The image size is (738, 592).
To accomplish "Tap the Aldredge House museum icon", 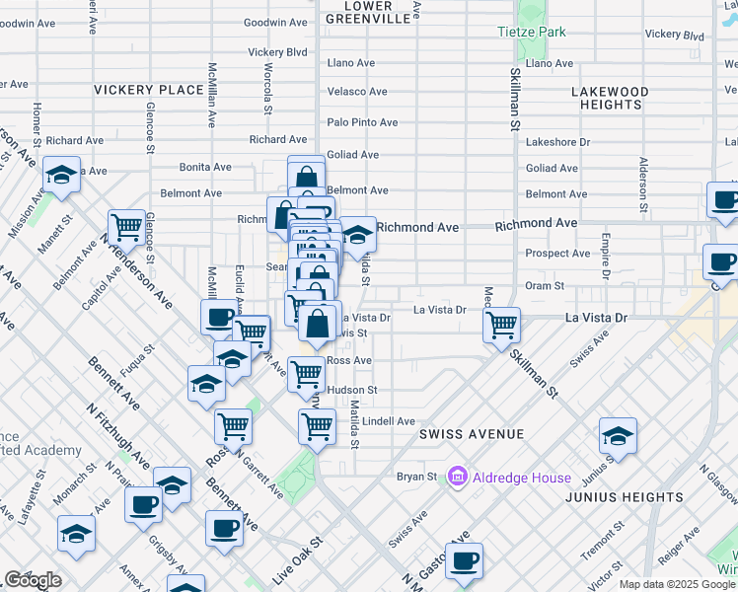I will [456, 478].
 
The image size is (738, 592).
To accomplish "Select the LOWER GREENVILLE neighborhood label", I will [367, 12].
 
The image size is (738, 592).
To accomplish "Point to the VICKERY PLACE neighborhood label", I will [148, 90].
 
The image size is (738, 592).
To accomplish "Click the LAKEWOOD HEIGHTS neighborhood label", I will [611, 98].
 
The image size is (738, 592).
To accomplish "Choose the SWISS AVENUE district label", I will [471, 434].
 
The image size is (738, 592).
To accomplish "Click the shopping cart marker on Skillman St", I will [502, 324].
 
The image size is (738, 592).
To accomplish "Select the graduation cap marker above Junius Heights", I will [618, 435].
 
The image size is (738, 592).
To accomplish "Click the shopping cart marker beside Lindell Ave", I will [317, 426].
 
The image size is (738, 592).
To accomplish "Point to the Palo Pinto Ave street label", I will [362, 123].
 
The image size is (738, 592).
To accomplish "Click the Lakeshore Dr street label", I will [557, 142].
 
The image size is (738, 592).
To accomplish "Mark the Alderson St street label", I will [643, 185].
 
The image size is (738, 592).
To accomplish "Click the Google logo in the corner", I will [33, 580].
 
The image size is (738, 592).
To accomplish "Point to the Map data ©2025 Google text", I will [676, 584].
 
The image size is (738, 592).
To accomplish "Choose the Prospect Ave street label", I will [557, 254].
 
